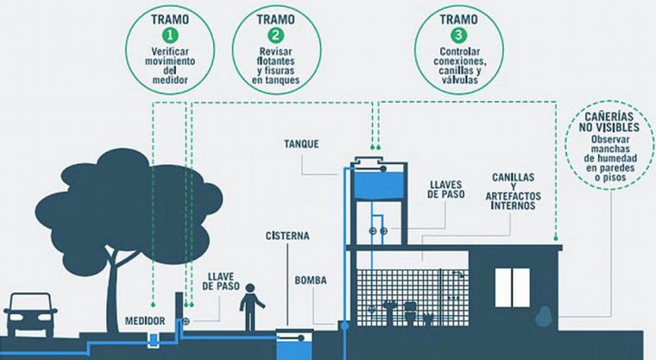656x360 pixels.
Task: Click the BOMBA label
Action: pyautogui.click(x=310, y=280)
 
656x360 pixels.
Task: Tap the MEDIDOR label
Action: pyautogui.click(x=148, y=317)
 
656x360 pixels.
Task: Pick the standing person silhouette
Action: pyautogui.click(x=250, y=307)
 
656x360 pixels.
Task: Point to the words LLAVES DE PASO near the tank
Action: pyautogui.click(x=445, y=189)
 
